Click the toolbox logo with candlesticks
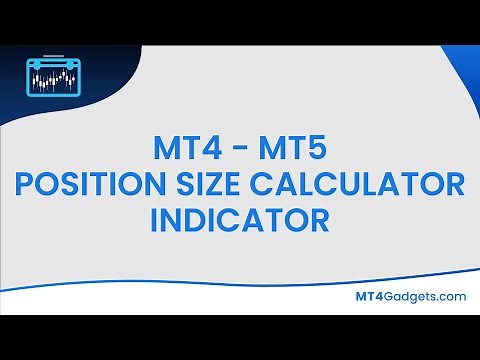click(53, 75)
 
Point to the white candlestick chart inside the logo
click(53, 78)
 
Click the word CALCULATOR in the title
click(365, 185)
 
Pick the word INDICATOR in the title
click(240, 219)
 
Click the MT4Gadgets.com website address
click(411, 297)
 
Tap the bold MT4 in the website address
click(370, 297)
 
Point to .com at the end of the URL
click(450, 297)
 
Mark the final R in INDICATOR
click(318, 219)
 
